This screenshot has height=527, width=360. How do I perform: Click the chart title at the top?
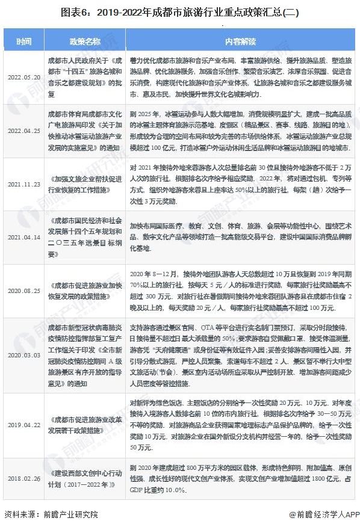tap(180, 11)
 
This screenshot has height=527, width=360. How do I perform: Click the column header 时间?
tap(24, 42)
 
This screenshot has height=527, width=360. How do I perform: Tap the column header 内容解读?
tap(240, 42)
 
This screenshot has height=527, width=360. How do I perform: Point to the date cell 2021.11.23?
tap(24, 184)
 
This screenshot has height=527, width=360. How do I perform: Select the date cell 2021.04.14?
tap(24, 236)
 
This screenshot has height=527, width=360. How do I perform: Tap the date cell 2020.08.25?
tap(24, 291)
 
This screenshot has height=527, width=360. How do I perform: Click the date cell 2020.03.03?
tap(24, 355)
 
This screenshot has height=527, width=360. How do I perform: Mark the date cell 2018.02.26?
tap(24, 478)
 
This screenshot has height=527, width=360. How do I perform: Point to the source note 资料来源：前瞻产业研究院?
tap(51, 515)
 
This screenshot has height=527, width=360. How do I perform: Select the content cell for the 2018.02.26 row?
tap(240, 478)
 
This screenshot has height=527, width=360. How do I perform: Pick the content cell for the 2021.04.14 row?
tap(240, 236)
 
